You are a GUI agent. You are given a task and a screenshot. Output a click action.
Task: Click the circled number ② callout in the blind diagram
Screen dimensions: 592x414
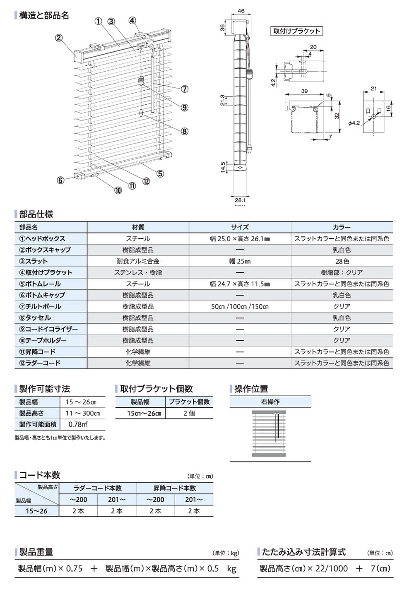click(59, 38)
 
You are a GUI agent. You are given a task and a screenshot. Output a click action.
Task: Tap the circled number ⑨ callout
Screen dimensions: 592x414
click(185, 108)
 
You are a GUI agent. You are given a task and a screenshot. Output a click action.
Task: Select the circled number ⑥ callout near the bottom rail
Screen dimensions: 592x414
click(61, 180)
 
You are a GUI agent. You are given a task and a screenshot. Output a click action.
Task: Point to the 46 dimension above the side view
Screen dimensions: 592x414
click(241, 11)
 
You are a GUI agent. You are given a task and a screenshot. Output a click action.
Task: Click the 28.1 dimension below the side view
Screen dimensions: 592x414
click(240, 200)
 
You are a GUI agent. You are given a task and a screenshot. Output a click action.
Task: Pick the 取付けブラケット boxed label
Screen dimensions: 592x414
click(296, 31)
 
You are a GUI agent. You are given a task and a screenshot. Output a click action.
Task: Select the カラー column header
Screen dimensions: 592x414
click(342, 227)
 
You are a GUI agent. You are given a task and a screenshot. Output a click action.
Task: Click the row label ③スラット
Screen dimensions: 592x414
click(34, 261)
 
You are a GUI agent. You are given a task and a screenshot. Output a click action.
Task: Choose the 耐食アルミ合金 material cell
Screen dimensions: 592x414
click(138, 261)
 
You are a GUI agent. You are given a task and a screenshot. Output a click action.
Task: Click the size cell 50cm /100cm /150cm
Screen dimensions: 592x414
click(240, 306)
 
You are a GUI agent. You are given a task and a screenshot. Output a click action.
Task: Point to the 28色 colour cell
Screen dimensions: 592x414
click(342, 261)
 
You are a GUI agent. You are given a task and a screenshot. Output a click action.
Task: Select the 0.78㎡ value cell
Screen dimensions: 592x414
click(78, 424)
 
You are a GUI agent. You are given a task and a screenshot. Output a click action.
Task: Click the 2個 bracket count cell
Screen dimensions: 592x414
click(189, 413)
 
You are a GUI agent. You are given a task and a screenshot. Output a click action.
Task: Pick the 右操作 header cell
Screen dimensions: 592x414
click(270, 402)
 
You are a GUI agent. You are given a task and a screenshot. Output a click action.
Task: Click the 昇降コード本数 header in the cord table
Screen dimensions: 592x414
click(175, 488)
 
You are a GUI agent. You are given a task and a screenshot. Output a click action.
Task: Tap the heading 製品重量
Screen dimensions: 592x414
click(36, 552)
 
